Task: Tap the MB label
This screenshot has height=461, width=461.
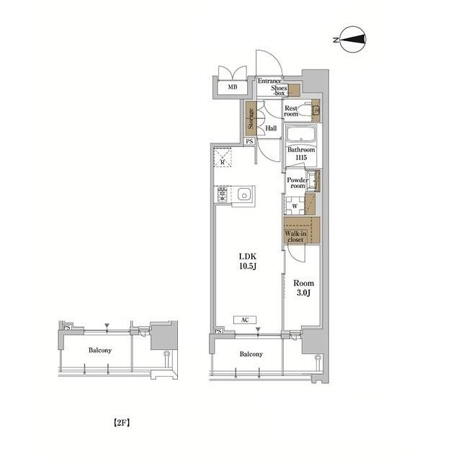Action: [233, 88]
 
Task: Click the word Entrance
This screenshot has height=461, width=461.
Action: [269, 82]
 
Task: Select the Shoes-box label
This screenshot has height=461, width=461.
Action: [279, 91]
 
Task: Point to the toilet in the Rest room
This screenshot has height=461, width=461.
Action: [313, 111]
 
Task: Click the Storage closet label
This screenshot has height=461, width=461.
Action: [251, 119]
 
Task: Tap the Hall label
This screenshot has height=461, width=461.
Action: [271, 129]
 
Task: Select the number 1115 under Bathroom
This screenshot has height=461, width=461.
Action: [299, 157]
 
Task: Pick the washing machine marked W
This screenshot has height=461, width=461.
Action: [295, 205]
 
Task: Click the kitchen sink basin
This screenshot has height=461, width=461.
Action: [245, 194]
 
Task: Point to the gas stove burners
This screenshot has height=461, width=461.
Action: [221, 194]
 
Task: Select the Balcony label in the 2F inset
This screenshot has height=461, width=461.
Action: [99, 351]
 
